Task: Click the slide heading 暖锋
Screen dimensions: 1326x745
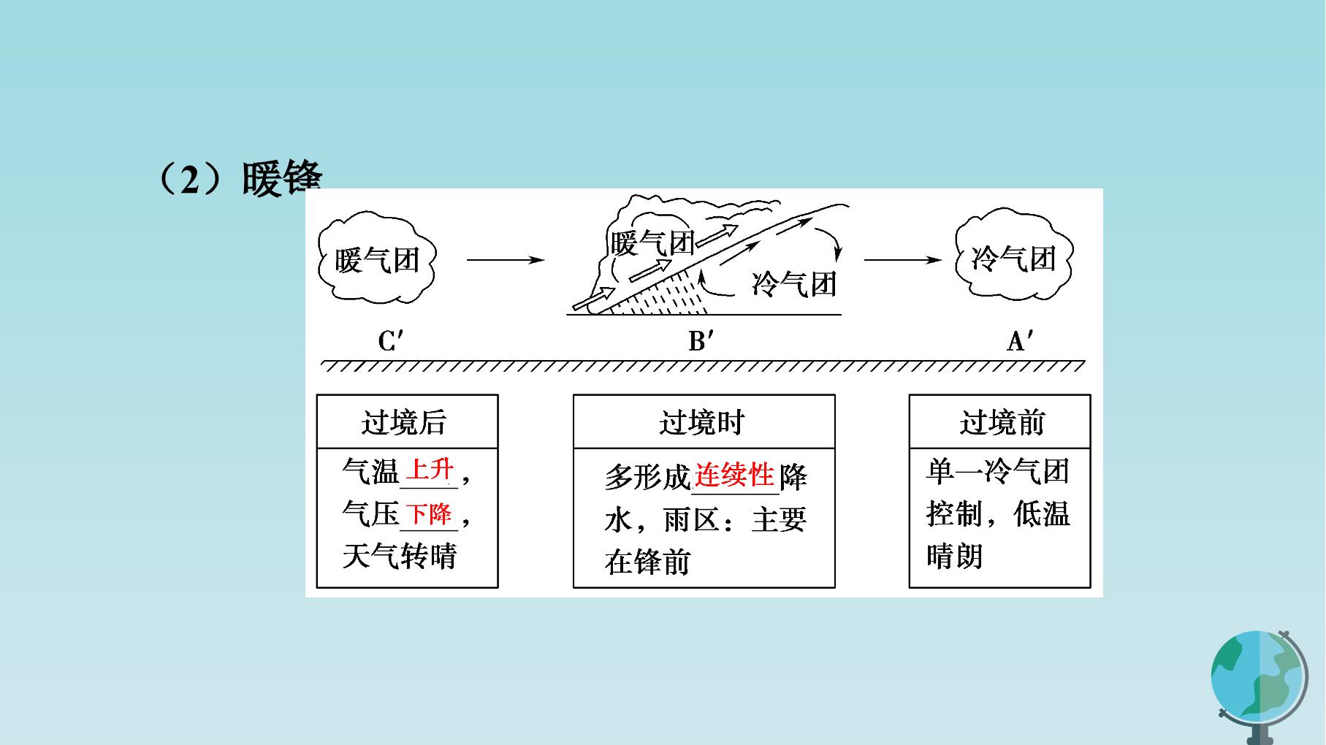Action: [282, 179]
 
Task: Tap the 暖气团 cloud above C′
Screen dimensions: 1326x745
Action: [377, 258]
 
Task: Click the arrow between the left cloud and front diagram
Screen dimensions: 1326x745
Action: [506, 259]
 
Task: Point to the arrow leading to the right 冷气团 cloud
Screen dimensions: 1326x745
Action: [903, 259]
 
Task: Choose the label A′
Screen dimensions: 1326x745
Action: [1021, 340]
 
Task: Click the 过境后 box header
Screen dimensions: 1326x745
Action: [404, 422]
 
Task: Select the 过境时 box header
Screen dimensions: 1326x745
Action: [702, 422]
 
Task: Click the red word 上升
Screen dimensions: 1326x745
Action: [430, 469]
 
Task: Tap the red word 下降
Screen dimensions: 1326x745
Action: [430, 513]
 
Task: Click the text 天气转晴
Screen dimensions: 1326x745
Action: [400, 557]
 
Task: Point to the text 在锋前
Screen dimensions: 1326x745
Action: [648, 562]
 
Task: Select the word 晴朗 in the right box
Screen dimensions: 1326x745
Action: [955, 557]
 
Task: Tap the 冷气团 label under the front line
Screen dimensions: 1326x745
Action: [794, 283]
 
